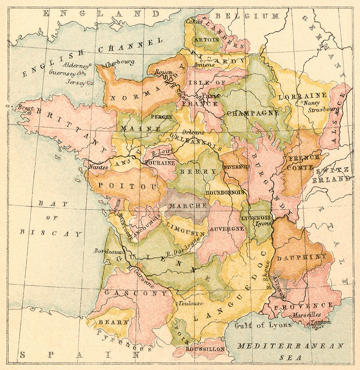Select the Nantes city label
98,167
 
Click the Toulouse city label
191,303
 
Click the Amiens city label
203,65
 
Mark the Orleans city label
193,132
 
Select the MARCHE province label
187,205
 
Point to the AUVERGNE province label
227,229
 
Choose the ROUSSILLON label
205,349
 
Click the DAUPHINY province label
301,257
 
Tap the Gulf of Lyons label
263,325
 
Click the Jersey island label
75,83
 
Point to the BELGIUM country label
248,16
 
